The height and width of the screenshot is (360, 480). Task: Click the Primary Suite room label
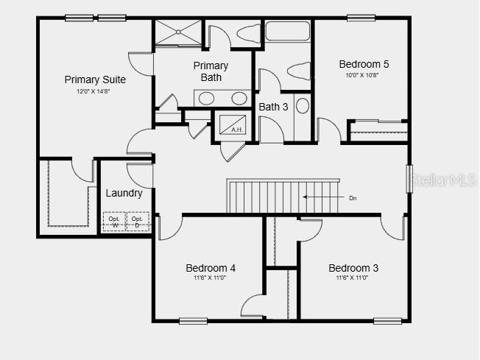click(x=95, y=80)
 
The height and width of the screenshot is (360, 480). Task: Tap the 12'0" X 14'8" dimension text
click(x=95, y=91)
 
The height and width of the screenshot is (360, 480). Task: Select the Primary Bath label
click(x=211, y=71)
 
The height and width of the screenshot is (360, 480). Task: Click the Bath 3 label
click(x=273, y=107)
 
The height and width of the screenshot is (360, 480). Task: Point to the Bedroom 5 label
click(x=364, y=64)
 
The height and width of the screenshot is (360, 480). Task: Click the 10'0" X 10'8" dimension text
click(x=364, y=75)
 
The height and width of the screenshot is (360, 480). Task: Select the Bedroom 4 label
click(x=211, y=268)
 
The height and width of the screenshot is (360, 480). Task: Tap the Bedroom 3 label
click(x=353, y=268)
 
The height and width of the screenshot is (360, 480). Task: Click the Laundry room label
click(x=124, y=193)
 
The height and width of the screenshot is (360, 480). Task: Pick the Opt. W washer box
click(x=114, y=222)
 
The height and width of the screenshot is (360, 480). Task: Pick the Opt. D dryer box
click(x=138, y=222)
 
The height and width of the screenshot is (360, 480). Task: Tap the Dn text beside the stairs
click(x=353, y=197)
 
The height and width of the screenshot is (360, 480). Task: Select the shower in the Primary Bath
click(x=177, y=32)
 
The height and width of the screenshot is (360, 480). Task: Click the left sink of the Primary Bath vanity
click(x=208, y=99)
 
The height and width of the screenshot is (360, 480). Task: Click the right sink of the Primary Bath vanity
click(x=239, y=99)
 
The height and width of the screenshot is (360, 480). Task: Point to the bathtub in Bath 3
click(x=288, y=31)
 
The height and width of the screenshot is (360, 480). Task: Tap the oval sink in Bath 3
click(x=303, y=105)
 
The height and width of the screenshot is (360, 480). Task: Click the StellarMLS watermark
click(x=445, y=179)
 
